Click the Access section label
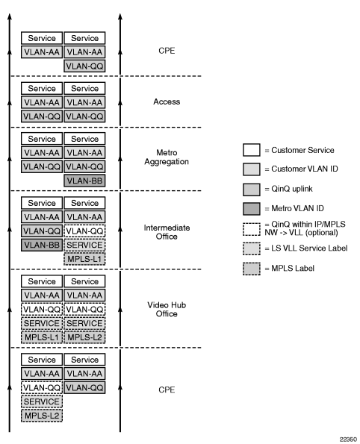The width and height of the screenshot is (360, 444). (167, 101)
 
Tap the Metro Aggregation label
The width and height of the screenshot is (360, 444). (167, 157)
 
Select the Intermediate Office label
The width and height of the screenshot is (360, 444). (167, 232)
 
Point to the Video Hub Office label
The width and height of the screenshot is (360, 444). (167, 309)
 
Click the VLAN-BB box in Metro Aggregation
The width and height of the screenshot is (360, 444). (84, 181)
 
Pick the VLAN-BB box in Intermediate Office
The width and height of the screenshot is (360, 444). (42, 245)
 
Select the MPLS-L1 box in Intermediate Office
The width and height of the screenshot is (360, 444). (84, 259)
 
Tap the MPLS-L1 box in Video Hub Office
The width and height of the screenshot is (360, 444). (42, 337)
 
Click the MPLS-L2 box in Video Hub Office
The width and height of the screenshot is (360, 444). (84, 337)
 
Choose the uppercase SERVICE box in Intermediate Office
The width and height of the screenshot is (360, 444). (84, 245)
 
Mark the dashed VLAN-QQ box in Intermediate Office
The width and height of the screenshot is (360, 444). (84, 231)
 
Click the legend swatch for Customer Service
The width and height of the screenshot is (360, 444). (252, 150)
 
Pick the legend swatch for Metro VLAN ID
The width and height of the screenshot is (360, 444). (252, 209)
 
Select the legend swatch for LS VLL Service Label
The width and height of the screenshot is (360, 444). (252, 248)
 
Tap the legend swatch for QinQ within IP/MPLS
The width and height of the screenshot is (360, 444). (252, 229)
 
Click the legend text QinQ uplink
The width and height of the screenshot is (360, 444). (292, 189)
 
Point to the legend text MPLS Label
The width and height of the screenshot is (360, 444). (293, 268)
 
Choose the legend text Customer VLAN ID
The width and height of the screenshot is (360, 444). (305, 169)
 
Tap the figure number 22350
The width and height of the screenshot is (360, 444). (348, 440)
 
